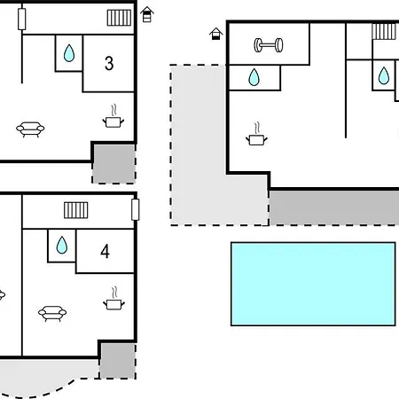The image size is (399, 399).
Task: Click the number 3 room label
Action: click(109, 63)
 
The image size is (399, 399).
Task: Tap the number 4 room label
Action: click(105, 251)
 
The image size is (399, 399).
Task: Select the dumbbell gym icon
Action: click(269, 45)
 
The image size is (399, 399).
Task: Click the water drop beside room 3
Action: click(69, 53)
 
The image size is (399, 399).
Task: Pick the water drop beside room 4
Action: click(62, 245)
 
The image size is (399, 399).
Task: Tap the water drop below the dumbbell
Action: click(254, 77)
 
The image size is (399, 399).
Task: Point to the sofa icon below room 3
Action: click(30, 129)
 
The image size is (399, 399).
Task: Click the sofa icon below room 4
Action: click(52, 314)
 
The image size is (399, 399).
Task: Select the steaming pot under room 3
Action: click(113, 116)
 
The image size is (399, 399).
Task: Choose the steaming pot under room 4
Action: click(113, 299)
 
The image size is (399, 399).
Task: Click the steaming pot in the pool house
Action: click(256, 134)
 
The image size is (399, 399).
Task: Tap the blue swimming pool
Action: click(313, 284)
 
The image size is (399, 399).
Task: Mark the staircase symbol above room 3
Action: click(119, 18)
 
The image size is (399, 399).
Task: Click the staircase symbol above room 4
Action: click(76, 210)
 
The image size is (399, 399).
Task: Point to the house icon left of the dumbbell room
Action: click(216, 34)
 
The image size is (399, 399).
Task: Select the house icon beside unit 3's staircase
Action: click(147, 14)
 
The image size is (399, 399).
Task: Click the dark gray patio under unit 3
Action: click(114, 163)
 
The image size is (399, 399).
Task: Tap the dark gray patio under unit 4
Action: click(118, 361)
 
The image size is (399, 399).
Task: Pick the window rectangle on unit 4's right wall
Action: click(136, 209)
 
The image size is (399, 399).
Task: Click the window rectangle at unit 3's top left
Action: click(22, 20)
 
